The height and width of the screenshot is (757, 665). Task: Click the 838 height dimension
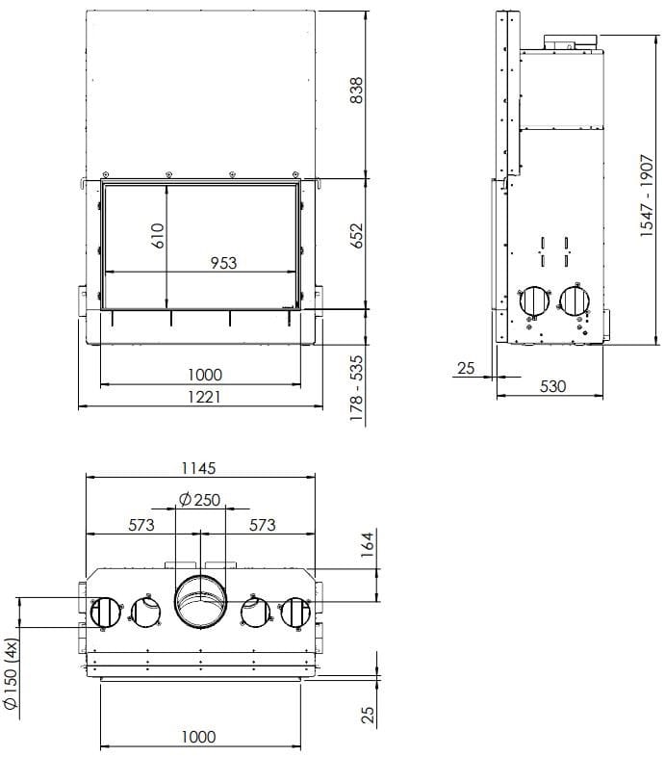pyautogui.click(x=357, y=91)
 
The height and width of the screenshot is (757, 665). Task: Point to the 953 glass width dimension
pyautogui.click(x=221, y=262)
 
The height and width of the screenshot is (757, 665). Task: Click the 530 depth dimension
pyautogui.click(x=552, y=386)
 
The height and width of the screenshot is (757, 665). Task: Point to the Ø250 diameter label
pyautogui.click(x=200, y=499)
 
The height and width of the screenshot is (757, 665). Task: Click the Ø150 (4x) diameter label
pyautogui.click(x=12, y=673)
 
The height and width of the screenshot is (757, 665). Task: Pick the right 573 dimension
pyautogui.click(x=262, y=525)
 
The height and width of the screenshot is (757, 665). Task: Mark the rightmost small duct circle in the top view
pyautogui.click(x=294, y=613)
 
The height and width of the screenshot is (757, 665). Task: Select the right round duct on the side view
pyautogui.click(x=575, y=301)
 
